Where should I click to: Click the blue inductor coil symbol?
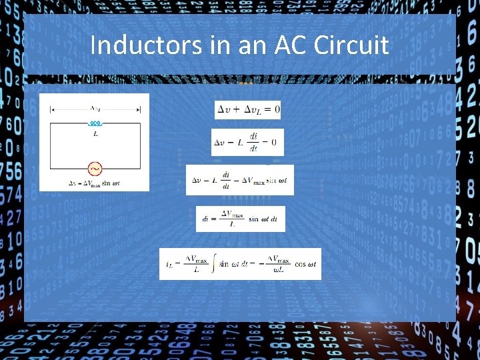click(95, 123)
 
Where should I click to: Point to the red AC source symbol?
click(95, 169)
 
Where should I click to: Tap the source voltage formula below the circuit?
click(95, 183)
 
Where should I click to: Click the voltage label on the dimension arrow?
click(95, 108)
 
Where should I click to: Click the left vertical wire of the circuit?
click(51, 145)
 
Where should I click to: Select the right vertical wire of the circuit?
click(140, 145)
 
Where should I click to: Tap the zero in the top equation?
click(276, 109)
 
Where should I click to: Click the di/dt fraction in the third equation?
click(226, 180)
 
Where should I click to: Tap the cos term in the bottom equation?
click(305, 265)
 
